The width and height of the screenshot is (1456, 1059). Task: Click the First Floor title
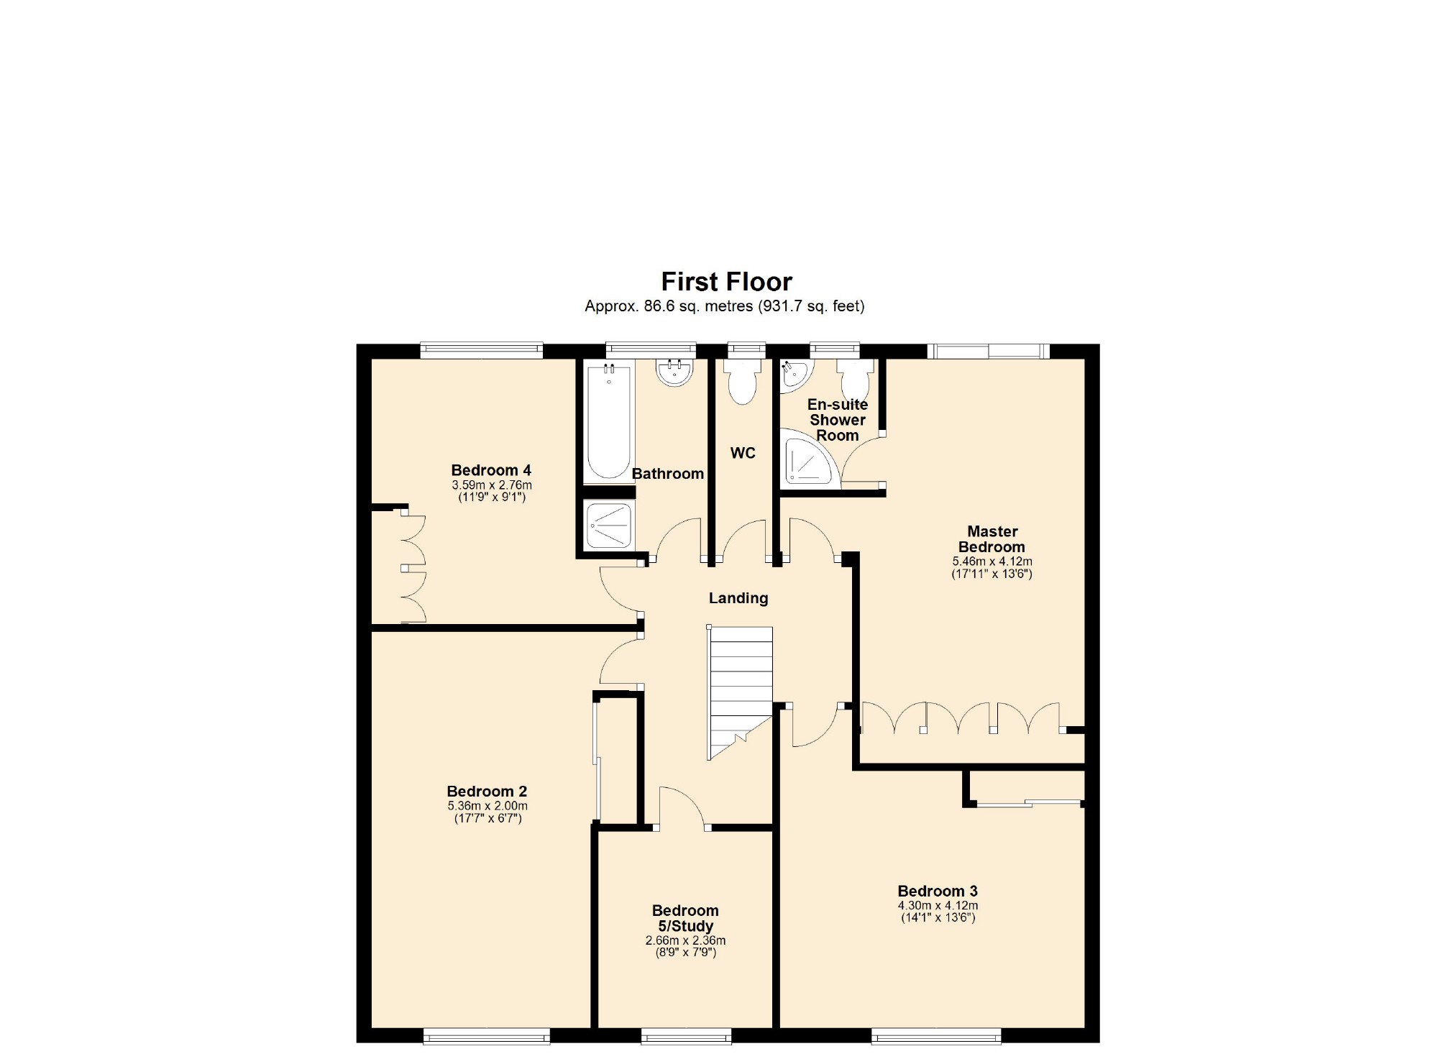tap(726, 281)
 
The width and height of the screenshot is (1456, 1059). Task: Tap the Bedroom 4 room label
tap(491, 470)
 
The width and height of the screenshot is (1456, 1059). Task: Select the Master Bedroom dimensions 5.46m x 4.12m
tap(992, 561)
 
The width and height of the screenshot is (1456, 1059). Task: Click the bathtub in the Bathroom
tap(608, 422)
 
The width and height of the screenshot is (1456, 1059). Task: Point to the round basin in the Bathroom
tap(674, 372)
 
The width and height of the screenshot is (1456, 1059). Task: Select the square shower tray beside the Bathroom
tap(609, 526)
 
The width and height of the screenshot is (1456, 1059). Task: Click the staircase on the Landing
tap(741, 690)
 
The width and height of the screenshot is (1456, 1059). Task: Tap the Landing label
tap(738, 598)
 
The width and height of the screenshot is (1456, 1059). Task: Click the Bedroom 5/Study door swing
tap(679, 807)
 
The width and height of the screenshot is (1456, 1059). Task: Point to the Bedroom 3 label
tap(938, 891)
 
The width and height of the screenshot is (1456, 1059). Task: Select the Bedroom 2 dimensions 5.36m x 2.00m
tap(487, 806)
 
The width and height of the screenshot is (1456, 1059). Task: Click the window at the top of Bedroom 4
tap(481, 351)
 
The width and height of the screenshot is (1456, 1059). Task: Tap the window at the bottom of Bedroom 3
tap(936, 1036)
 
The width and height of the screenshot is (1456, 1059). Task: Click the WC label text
tap(743, 453)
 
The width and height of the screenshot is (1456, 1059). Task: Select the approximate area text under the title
tap(724, 306)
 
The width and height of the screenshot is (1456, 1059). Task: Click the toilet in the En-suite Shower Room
tap(855, 379)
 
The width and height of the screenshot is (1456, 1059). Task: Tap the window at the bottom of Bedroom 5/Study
tap(686, 1036)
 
